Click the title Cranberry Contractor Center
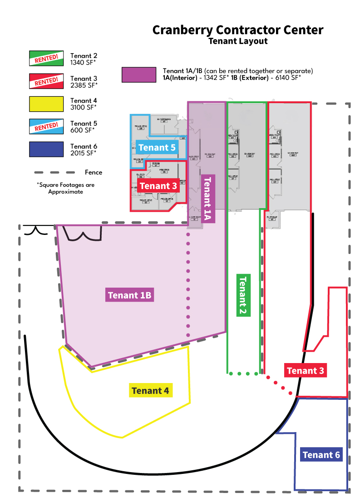[238, 30]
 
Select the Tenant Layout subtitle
[238, 41]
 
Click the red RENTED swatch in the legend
[46, 81]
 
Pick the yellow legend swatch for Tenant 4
[46, 104]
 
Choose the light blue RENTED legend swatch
[46, 126]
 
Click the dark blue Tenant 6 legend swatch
[46, 149]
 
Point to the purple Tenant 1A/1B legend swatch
[138, 75]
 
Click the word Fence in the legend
[94, 173]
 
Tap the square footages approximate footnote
[66, 188]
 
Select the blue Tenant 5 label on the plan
[157, 147]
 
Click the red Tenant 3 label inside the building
[158, 186]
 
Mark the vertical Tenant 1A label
[207, 199]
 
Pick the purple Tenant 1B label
[130, 295]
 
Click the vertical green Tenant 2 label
[243, 295]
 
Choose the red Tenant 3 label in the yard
[306, 370]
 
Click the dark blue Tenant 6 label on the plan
[321, 455]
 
